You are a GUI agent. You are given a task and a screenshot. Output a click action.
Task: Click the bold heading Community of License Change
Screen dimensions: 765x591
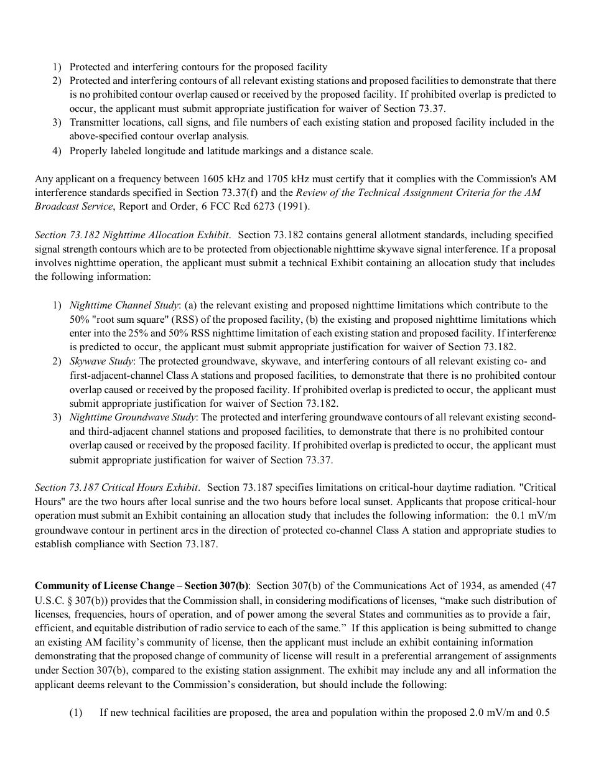pos(105,586)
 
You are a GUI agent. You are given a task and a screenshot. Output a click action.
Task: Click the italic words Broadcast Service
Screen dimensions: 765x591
pos(73,206)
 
